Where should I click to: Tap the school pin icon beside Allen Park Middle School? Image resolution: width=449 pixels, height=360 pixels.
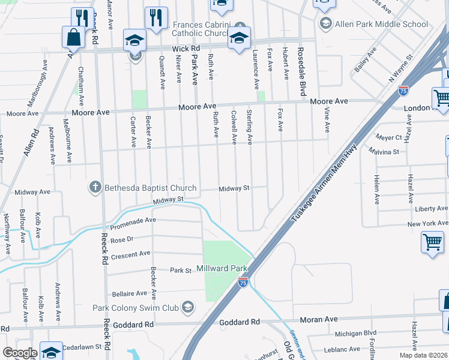pyautogui.click(x=326, y=24)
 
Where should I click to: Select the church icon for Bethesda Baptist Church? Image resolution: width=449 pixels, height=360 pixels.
pyautogui.click(x=95, y=188)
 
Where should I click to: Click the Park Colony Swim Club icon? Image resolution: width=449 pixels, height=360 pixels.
pyautogui.click(x=188, y=308)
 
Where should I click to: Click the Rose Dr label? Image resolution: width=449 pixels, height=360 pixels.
pyautogui.click(x=121, y=239)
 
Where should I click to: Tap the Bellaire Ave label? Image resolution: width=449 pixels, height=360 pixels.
pyautogui.click(x=129, y=293)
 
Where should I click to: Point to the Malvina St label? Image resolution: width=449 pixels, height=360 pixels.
pyautogui.click(x=384, y=152)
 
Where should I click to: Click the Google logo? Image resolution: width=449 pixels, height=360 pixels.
pyautogui.click(x=20, y=352)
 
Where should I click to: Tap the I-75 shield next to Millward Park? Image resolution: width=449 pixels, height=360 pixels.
pyautogui.click(x=243, y=281)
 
